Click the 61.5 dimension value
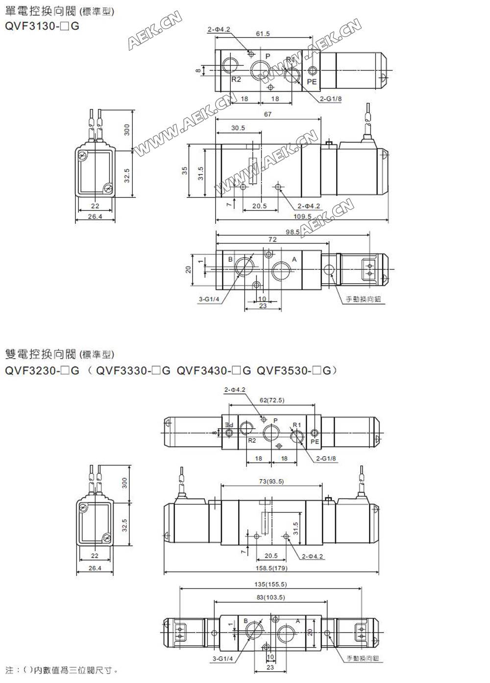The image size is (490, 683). (263, 34)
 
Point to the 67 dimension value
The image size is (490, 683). (268, 115)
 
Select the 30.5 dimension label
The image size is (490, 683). (238, 128)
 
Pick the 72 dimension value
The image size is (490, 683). (272, 240)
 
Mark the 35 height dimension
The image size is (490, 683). (185, 171)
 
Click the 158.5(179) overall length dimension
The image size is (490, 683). (271, 568)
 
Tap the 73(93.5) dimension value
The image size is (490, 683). (271, 481)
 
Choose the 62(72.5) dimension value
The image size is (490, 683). (272, 400)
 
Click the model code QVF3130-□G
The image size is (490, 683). (42, 26)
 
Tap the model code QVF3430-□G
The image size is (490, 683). (214, 371)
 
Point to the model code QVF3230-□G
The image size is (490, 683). (42, 371)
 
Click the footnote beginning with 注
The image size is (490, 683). (61, 670)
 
